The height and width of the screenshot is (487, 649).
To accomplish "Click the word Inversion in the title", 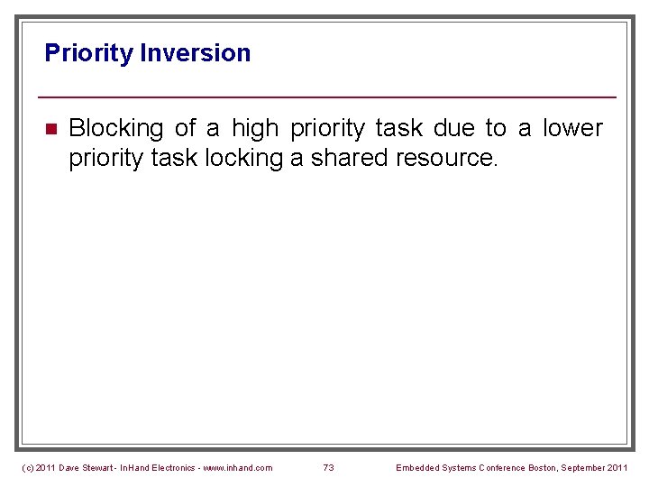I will (196, 53).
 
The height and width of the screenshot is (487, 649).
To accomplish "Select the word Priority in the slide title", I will (88, 53).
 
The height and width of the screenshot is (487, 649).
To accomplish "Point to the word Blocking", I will (115, 129).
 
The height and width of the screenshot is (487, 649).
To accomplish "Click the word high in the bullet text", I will (254, 129).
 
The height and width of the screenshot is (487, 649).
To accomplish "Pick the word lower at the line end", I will (572, 129).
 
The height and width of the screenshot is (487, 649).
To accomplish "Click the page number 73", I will (328, 467).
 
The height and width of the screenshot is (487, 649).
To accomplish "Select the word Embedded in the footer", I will (418, 467).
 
